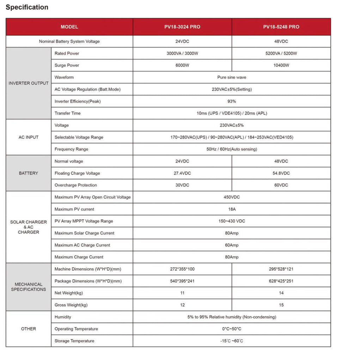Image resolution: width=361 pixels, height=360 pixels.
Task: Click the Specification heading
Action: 27,7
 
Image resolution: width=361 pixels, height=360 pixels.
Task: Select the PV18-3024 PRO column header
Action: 182,27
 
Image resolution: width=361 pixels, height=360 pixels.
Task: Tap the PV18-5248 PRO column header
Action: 281,27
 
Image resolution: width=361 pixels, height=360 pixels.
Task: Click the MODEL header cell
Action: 69,27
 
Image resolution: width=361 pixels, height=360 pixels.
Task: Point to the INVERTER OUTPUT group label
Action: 29,83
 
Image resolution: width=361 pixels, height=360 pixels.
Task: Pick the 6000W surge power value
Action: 182,66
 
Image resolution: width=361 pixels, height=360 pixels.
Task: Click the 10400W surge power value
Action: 281,66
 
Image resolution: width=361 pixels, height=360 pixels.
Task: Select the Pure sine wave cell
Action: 232,77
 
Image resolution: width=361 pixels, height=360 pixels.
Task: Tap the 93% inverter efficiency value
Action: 232,101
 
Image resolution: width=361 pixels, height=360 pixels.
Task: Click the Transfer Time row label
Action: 68,113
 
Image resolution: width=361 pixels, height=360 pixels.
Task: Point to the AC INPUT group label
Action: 29,137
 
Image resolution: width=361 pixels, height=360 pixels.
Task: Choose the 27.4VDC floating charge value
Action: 182,173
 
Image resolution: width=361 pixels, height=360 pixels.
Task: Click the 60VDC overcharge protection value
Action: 281,185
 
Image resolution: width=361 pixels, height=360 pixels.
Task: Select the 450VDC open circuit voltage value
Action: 232,197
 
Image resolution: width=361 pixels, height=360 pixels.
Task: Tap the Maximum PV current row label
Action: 74,209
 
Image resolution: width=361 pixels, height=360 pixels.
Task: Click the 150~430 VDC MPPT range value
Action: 232,221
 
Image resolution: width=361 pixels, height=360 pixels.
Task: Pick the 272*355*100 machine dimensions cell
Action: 182,269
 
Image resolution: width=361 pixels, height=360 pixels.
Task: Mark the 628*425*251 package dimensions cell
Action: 281,281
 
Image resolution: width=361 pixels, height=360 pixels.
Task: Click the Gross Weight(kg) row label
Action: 71,305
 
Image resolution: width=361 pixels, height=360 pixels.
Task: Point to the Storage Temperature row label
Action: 74,341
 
